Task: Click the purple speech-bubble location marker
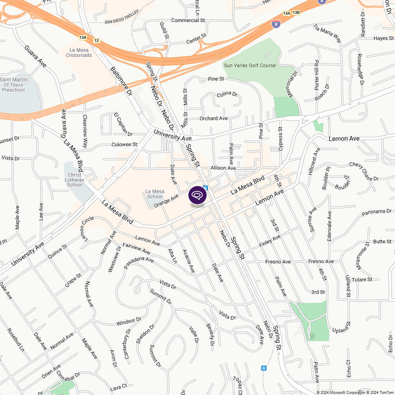pos(197,195)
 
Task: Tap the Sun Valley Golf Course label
pos(250,65)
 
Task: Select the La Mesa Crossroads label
pos(79,53)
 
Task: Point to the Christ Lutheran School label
pos(75,180)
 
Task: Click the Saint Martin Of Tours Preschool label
pos(13,85)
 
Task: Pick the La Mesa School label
pos(155,194)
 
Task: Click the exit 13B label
pos(296,13)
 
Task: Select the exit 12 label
pos(97,40)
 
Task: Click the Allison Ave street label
pos(223,168)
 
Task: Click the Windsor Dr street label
pos(129,321)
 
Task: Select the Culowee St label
pos(124,145)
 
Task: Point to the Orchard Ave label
pos(214,118)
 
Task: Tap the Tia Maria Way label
pos(327,33)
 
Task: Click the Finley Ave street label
pos(270,241)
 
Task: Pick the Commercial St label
pos(188,20)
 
